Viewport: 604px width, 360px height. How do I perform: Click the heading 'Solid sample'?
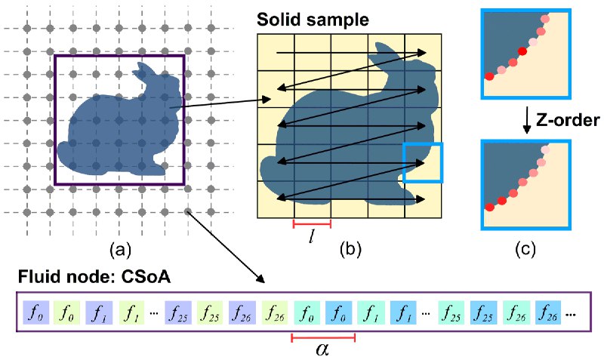[x=313, y=20]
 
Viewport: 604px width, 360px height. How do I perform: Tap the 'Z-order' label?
[x=568, y=121]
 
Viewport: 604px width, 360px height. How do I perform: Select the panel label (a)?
[x=120, y=251]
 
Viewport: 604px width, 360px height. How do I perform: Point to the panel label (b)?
[x=350, y=250]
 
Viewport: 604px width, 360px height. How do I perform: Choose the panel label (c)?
[x=525, y=250]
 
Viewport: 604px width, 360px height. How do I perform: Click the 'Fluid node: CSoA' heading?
[x=94, y=276]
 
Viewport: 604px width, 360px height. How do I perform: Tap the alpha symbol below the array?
[x=322, y=350]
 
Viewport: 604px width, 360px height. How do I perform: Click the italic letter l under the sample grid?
[x=311, y=237]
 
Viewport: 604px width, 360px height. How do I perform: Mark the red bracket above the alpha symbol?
[x=323, y=338]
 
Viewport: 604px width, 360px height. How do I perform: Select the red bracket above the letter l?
[x=312, y=223]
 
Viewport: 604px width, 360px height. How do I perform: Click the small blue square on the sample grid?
[x=423, y=162]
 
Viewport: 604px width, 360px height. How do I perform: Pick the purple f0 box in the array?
[x=35, y=312]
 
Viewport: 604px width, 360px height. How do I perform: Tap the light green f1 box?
[x=131, y=312]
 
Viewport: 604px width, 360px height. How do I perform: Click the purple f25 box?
[x=178, y=312]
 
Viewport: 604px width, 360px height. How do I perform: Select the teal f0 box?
[x=307, y=312]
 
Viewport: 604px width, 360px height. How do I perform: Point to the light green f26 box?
[x=274, y=312]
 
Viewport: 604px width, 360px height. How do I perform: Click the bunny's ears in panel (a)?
[x=143, y=71]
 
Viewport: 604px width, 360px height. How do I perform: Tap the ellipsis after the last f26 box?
[x=571, y=315]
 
